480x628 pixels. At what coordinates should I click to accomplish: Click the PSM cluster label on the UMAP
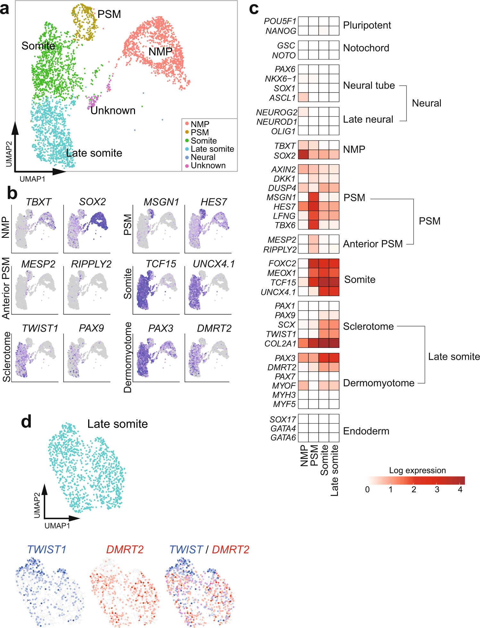[109, 14]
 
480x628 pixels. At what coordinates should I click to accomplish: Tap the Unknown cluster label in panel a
[113, 111]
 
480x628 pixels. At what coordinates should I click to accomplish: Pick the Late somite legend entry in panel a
[212, 149]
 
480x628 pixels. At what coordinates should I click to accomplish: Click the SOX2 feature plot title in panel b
[92, 202]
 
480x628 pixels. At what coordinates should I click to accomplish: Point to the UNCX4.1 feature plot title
[214, 264]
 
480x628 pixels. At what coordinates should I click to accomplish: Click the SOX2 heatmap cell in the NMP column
[303, 155]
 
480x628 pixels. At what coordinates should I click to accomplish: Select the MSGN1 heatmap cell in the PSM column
[313, 197]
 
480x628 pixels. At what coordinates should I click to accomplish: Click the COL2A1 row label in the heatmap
[280, 344]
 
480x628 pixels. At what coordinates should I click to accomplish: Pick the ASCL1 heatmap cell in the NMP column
[303, 97]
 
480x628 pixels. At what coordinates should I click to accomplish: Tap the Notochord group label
[366, 48]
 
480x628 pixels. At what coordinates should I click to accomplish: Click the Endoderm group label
[366, 431]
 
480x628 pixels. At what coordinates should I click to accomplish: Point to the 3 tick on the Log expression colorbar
[437, 489]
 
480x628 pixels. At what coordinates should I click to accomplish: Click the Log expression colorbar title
[417, 470]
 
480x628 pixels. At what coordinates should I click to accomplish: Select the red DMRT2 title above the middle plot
[125, 550]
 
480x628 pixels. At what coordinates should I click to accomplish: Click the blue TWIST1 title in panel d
[47, 550]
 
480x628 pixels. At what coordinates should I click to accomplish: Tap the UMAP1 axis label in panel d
[57, 526]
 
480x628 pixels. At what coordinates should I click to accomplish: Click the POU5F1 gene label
[280, 21]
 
